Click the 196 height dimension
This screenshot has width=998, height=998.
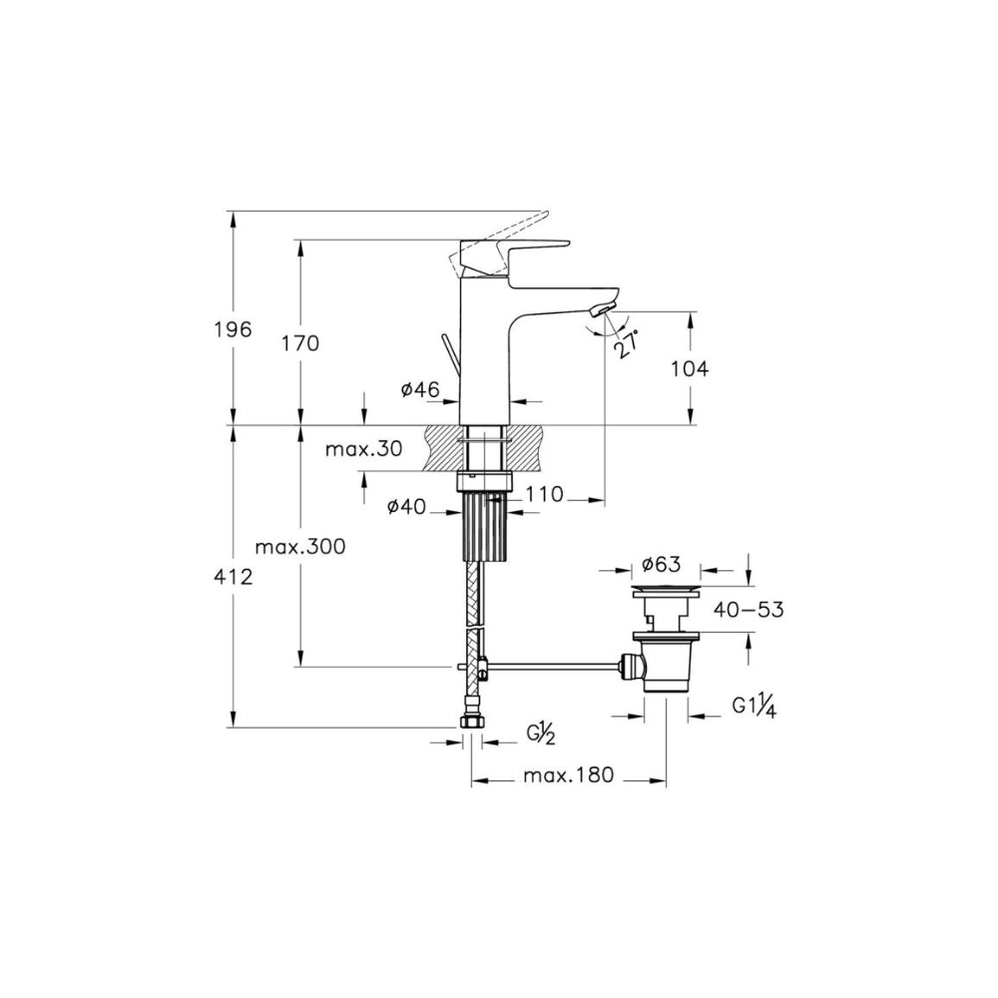[x=234, y=329]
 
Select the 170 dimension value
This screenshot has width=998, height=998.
[x=300, y=343]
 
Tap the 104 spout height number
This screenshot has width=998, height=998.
[x=690, y=368]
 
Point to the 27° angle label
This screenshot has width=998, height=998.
[x=625, y=344]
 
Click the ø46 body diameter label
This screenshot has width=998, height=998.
[x=420, y=389]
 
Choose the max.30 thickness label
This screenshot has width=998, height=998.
[x=364, y=449]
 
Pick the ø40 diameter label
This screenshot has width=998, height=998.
[x=406, y=507]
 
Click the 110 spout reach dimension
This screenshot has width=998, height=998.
[x=545, y=494]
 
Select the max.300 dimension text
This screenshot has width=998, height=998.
[x=299, y=546]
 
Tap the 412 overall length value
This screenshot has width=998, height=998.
[x=234, y=577]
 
